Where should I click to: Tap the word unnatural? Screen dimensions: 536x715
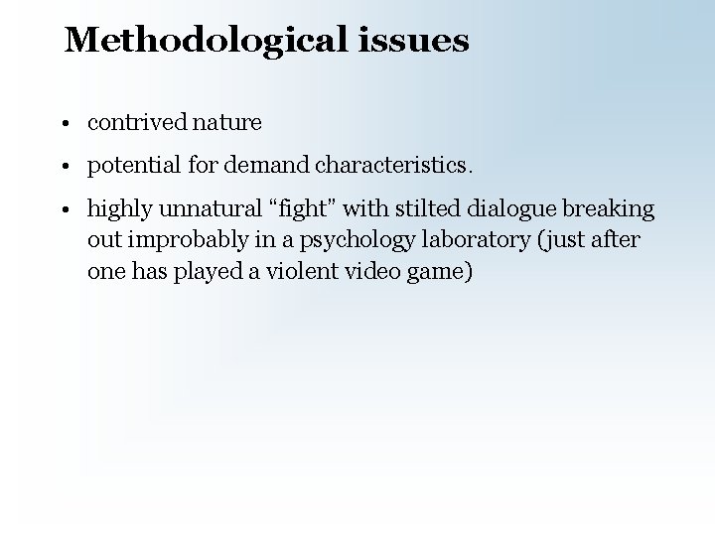click(x=202, y=209)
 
